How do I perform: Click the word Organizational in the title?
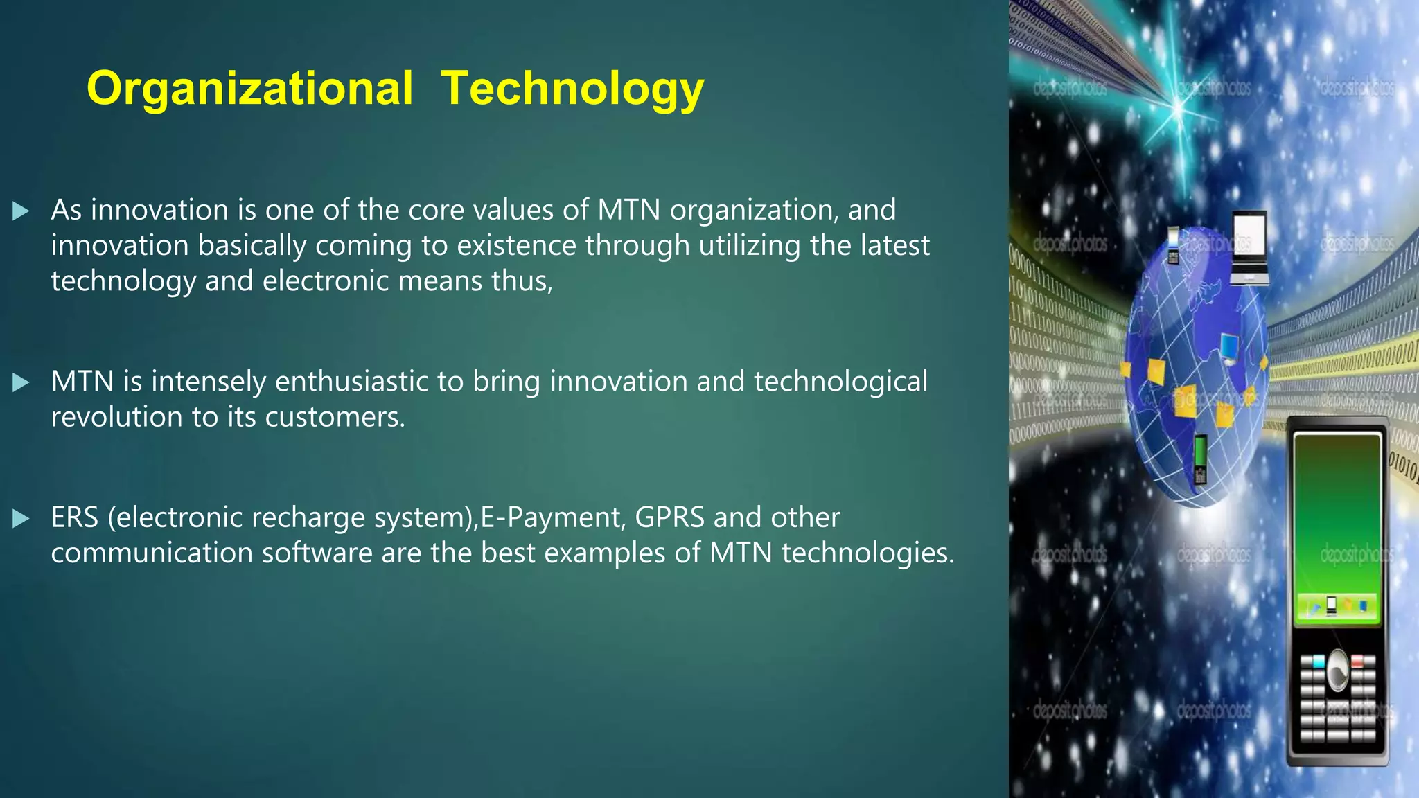pyautogui.click(x=249, y=89)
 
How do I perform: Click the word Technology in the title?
pyautogui.click(x=572, y=89)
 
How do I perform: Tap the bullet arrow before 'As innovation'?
pyautogui.click(x=21, y=211)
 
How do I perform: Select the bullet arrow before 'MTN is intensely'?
pyautogui.click(x=21, y=382)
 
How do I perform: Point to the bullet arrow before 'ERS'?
pyautogui.click(x=21, y=518)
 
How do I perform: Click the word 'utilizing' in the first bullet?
pyautogui.click(x=750, y=246)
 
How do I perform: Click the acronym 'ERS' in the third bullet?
pyautogui.click(x=75, y=517)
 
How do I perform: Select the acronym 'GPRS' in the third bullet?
pyautogui.click(x=669, y=517)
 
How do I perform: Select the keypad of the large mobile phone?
pyautogui.click(x=1337, y=700)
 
